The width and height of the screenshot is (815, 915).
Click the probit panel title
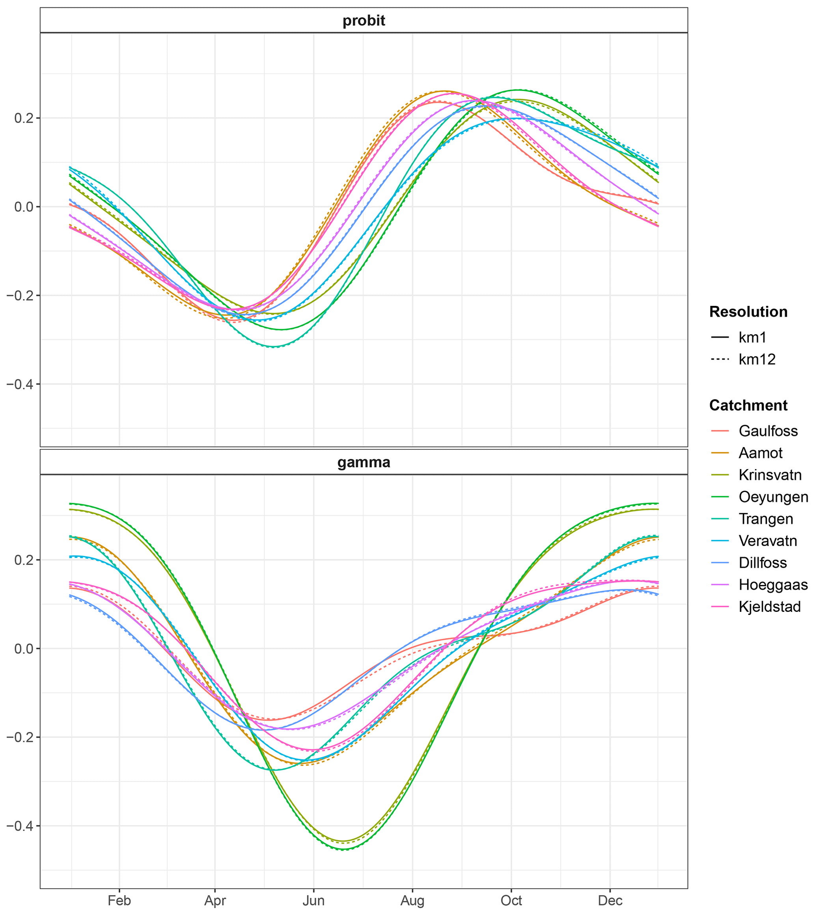pos(364,21)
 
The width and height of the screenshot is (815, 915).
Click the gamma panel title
pos(364,462)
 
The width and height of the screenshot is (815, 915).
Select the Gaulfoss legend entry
pos(768,431)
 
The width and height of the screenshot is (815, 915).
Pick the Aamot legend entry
pos(760,453)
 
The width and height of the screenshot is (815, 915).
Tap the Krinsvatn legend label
pos(770,475)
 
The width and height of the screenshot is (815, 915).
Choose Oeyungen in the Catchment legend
pos(773,497)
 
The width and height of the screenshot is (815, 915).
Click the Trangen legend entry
pos(766,519)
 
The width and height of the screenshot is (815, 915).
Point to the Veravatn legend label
pos(768,541)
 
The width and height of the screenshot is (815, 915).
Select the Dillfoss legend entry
pos(763,563)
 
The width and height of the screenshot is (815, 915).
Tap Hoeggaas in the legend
pos(773,585)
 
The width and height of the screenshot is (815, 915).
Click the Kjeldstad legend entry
pos(770,607)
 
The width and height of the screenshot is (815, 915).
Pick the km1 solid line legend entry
pos(752,337)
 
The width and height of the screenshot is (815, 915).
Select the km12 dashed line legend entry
pos(757,360)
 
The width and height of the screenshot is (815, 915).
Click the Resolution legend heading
pos(748,312)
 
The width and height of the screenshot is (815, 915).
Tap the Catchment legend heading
pos(748,406)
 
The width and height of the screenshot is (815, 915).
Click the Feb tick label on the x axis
pos(119,901)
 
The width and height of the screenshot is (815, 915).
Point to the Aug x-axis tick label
pos(412,901)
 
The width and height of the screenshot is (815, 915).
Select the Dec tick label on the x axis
pos(610,901)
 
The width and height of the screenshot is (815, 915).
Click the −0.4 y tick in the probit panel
pos(21,384)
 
